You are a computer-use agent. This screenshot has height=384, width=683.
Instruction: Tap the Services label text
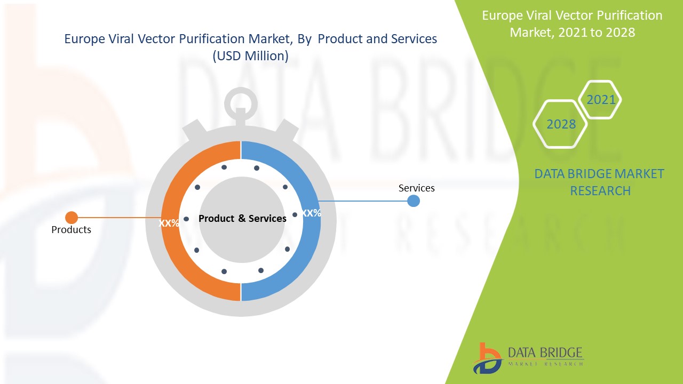(416, 188)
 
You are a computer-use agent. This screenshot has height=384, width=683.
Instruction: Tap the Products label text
(71, 230)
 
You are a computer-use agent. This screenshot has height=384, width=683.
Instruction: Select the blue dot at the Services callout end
(414, 201)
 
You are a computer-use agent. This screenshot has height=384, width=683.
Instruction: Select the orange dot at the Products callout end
(72, 218)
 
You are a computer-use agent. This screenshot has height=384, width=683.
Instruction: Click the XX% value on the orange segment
(169, 223)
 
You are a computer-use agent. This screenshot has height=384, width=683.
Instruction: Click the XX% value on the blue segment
(311, 213)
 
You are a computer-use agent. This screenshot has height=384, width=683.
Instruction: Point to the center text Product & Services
(242, 219)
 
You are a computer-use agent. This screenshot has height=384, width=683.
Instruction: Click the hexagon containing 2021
(600, 100)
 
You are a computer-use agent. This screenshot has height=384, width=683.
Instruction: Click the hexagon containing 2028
(560, 124)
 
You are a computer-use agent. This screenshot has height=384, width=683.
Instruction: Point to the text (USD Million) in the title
(250, 56)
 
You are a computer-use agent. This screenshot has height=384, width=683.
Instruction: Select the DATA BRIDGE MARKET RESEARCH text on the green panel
(599, 182)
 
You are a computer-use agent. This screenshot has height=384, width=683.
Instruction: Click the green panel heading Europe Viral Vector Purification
(572, 15)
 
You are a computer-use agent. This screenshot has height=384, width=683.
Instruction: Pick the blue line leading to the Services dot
(363, 201)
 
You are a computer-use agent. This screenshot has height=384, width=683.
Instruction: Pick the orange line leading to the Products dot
(117, 218)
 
